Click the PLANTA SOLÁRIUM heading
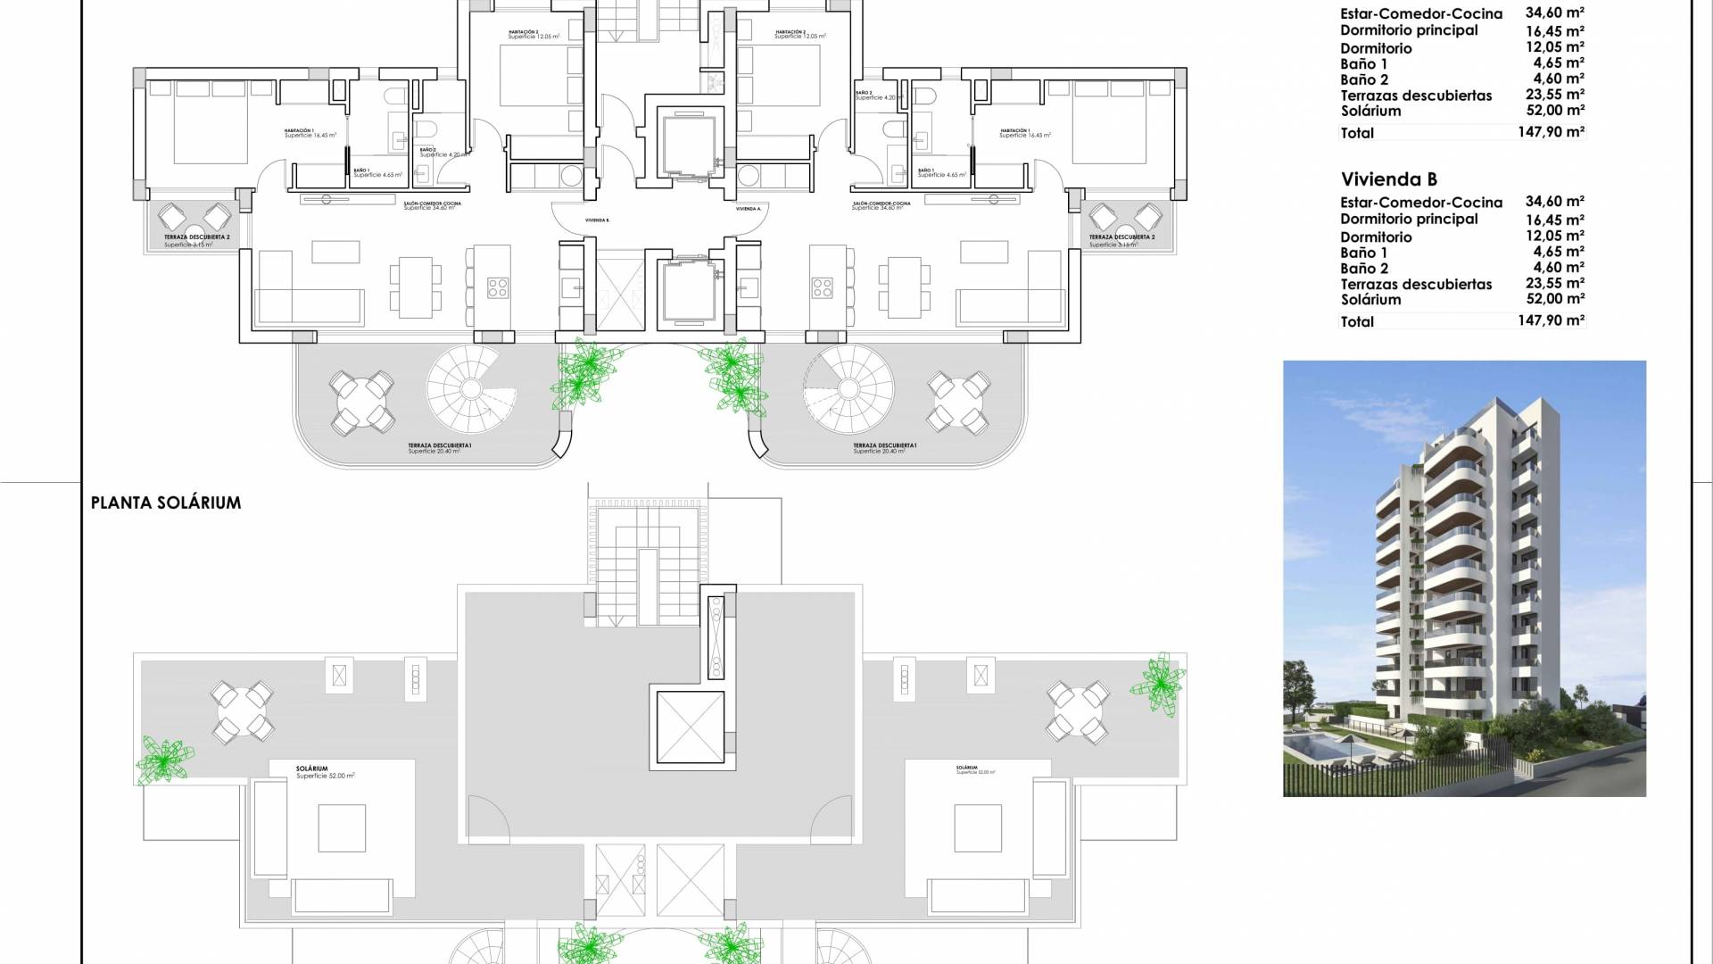tap(166, 503)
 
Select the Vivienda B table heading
tap(1389, 179)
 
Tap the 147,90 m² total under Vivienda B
tap(1551, 320)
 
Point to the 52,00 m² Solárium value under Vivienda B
tap(1555, 299)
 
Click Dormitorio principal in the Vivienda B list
tap(1409, 219)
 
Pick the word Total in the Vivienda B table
tap(1357, 321)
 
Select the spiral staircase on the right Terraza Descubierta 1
tap(848, 388)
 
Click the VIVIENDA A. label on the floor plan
tap(749, 209)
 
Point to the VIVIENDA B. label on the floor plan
tap(597, 220)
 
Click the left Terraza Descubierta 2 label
tap(197, 238)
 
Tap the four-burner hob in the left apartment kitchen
tap(497, 287)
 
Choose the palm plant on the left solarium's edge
tap(164, 759)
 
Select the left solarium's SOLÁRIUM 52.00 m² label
tap(325, 772)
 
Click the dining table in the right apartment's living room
tap(899, 287)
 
